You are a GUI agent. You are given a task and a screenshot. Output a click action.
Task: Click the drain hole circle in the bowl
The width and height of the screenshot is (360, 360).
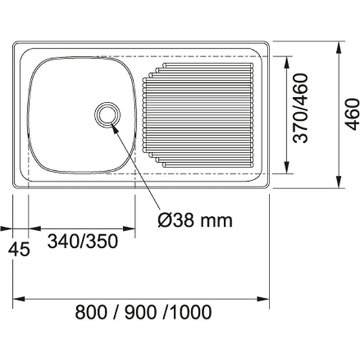[106, 113]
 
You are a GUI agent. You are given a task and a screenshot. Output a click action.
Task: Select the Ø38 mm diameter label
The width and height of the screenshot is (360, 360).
[194, 220]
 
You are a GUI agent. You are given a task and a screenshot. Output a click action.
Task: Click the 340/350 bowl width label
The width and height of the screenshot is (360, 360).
[83, 240]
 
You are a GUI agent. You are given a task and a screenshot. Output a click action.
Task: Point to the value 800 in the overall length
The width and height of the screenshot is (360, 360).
[92, 312]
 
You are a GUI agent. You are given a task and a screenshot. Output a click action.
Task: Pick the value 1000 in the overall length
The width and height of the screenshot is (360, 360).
[191, 312]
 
